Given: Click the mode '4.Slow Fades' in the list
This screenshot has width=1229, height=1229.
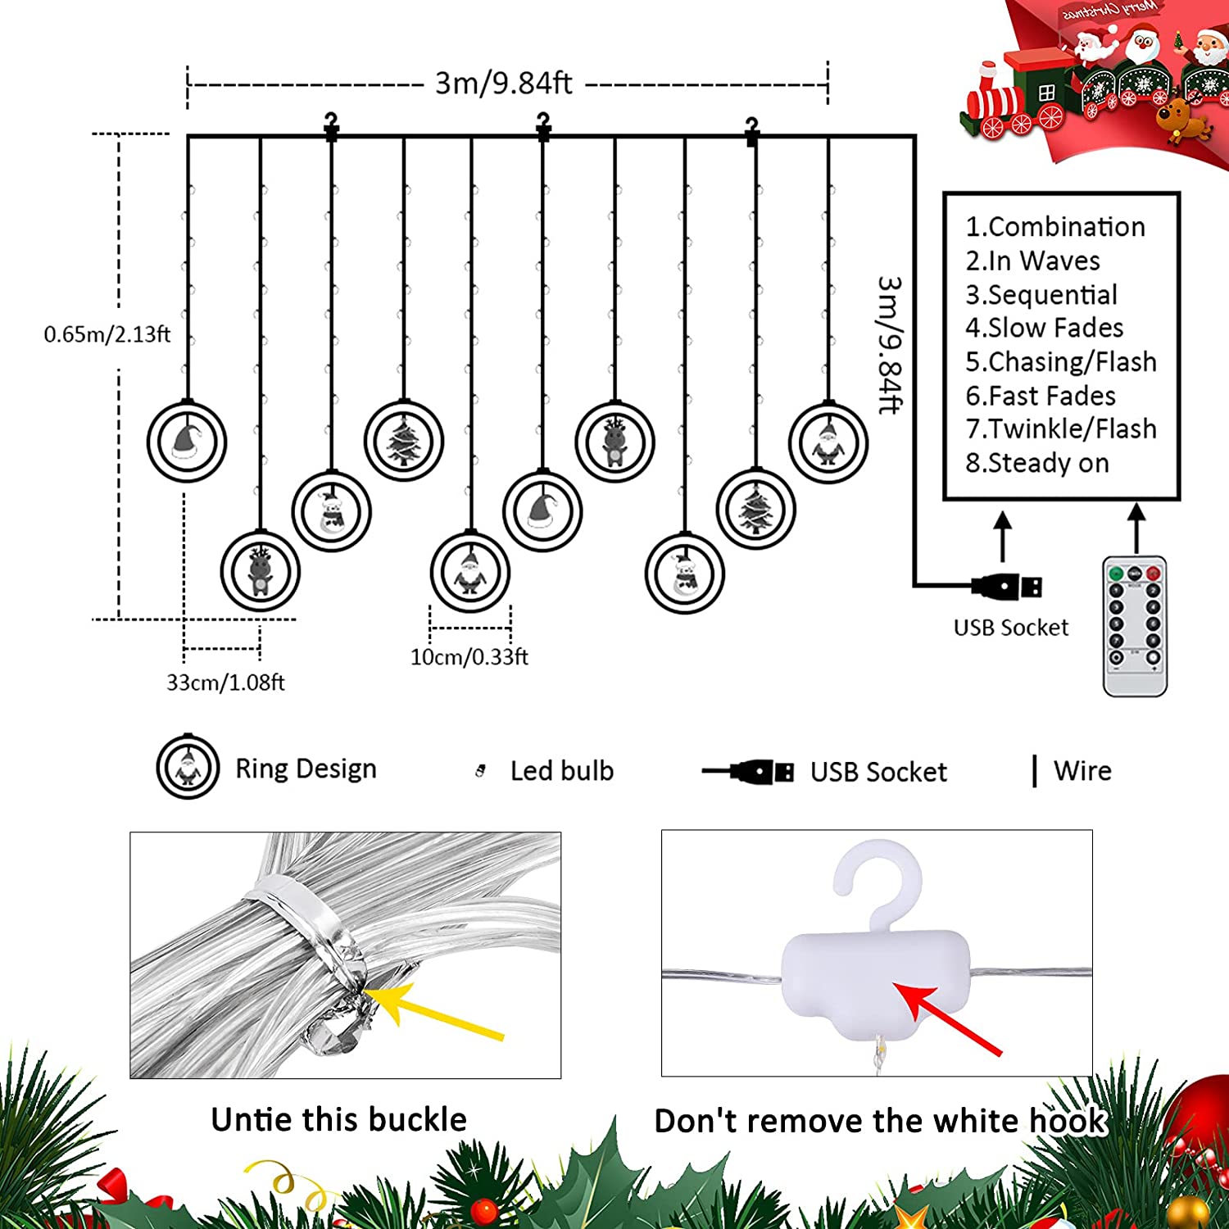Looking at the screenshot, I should tap(1044, 328).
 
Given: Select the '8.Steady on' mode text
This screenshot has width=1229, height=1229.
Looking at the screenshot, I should tap(1036, 463).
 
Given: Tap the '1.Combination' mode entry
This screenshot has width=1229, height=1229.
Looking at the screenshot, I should tap(1055, 227).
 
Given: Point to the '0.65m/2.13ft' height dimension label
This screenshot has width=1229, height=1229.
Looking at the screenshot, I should tap(107, 334).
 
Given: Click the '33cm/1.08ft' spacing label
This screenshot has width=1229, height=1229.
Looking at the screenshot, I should tap(225, 683).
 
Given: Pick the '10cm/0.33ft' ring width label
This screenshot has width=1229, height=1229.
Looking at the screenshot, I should tap(469, 657).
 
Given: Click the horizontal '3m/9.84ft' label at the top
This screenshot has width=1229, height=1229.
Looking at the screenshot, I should tap(503, 83).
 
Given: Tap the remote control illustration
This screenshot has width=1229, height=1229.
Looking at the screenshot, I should tap(1135, 627).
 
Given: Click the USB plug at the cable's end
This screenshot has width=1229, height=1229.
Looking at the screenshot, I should tap(1007, 586).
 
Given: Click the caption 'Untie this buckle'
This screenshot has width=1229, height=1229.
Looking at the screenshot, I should tap(338, 1119).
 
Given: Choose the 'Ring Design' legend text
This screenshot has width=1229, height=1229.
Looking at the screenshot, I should tap(306, 769).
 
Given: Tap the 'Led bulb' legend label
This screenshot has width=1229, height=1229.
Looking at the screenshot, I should tap(561, 771).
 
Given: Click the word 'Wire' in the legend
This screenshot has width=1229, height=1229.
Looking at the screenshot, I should tap(1082, 771).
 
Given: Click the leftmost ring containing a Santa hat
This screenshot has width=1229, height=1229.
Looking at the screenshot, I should tap(187, 442).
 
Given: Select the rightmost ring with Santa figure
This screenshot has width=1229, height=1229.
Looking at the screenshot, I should tap(828, 443).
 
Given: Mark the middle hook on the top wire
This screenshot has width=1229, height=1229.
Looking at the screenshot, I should tap(542, 127).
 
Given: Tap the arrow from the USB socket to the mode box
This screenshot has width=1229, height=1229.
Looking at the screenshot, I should tap(1003, 537).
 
